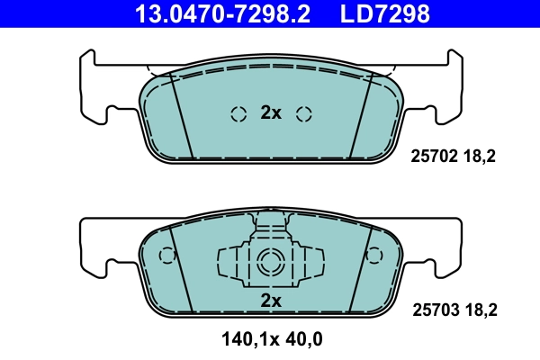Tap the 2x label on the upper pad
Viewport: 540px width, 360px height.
click(271, 112)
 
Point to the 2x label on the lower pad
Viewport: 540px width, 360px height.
click(271, 300)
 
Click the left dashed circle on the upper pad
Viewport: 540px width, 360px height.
click(238, 113)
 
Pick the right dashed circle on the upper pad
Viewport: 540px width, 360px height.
click(304, 113)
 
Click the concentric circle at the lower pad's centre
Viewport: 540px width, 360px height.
click(271, 264)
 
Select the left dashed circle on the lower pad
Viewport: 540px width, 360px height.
click(166, 255)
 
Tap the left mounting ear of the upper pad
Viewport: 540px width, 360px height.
click(95, 90)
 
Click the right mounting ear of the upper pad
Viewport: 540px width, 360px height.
click(446, 90)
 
